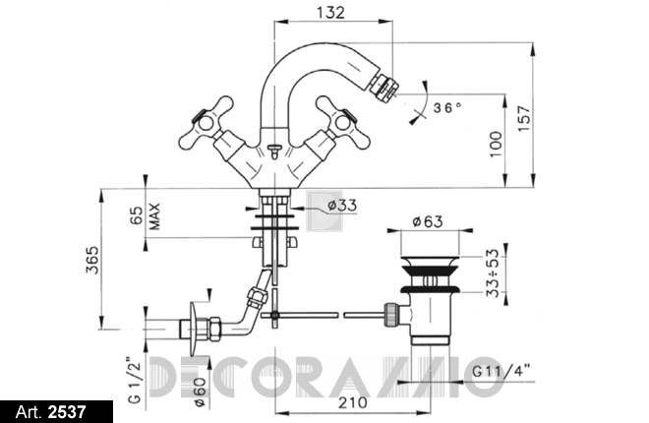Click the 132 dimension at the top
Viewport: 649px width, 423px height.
pyautogui.click(x=330, y=13)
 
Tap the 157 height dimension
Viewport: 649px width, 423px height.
pyautogui.click(x=523, y=119)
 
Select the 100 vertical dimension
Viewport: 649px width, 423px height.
pyautogui.click(x=496, y=144)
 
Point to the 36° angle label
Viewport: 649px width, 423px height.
pyautogui.click(x=447, y=108)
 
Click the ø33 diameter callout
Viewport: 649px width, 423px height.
pyautogui.click(x=342, y=206)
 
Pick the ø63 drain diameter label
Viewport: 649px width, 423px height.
pyautogui.click(x=428, y=221)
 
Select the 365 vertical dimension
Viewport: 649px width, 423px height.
pyautogui.click(x=92, y=260)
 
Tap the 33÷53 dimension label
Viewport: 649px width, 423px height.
pyautogui.click(x=493, y=272)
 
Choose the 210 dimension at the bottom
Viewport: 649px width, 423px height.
pyautogui.click(x=353, y=402)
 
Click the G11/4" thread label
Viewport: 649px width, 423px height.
pyautogui.click(x=501, y=371)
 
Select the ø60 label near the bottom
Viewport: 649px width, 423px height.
pyautogui.click(x=199, y=392)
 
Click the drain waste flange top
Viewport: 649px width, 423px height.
pyautogui.click(x=430, y=262)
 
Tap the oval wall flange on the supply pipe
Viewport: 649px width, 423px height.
pyautogui.click(x=193, y=329)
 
